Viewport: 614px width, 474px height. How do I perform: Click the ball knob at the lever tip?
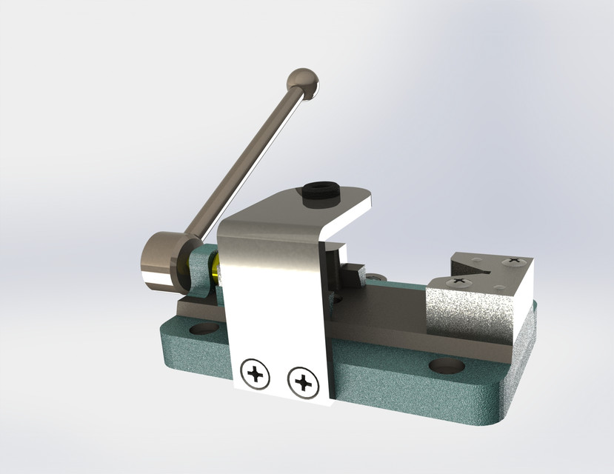[303, 83]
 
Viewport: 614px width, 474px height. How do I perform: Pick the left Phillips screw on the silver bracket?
[256, 374]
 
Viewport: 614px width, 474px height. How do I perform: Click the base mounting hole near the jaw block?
[446, 366]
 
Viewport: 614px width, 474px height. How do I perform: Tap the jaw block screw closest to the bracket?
[459, 281]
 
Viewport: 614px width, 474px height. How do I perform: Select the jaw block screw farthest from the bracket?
[512, 261]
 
